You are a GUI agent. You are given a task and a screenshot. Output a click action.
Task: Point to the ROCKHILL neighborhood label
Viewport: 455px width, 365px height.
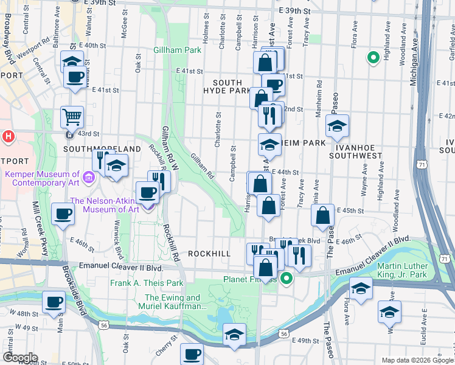[209, 253]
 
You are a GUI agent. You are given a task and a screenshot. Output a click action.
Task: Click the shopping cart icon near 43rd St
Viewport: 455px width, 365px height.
[72, 116]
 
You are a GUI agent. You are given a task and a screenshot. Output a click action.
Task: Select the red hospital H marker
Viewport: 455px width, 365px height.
[9, 136]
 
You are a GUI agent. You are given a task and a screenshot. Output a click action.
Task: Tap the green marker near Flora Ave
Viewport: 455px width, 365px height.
[373, 58]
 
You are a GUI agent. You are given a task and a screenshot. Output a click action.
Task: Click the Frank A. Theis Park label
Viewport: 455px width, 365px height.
[147, 283]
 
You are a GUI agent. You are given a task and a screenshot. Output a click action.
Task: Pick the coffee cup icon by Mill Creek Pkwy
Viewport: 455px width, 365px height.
[63, 214]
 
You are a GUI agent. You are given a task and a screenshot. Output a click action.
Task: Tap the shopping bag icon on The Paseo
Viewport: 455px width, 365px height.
[323, 214]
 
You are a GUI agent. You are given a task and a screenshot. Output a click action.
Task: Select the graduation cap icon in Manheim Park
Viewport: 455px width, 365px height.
[269, 144]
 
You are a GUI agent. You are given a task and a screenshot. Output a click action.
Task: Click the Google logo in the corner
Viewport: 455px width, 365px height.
[20, 358]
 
